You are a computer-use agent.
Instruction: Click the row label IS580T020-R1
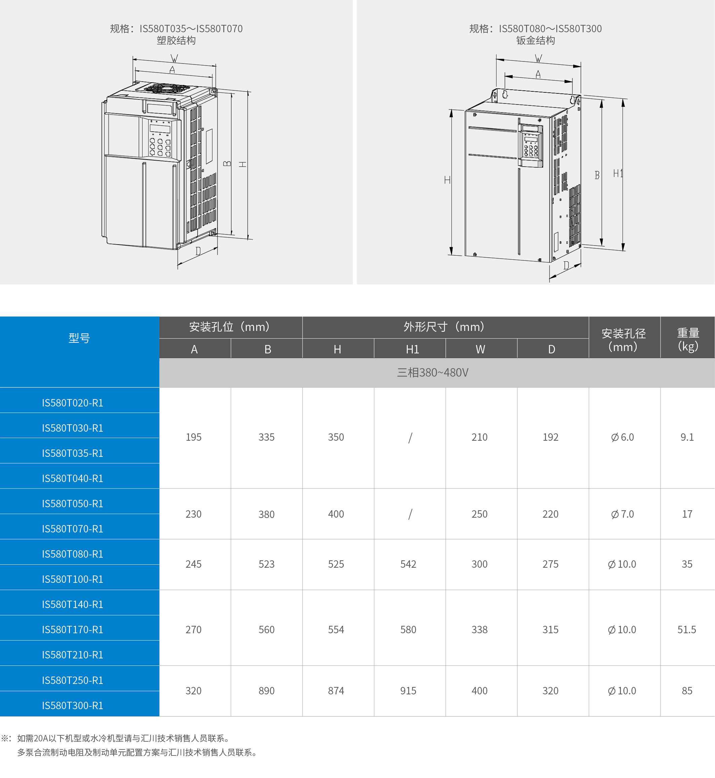pyautogui.click(x=73, y=403)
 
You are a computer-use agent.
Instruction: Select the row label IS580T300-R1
pyautogui.click(x=73, y=705)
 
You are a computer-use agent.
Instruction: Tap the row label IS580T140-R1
pyautogui.click(x=73, y=604)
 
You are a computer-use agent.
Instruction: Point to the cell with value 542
pyautogui.click(x=408, y=564)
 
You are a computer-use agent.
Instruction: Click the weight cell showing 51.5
pyautogui.click(x=687, y=630)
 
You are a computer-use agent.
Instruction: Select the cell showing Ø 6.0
pyautogui.click(x=622, y=437)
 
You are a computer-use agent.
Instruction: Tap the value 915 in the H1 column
pyautogui.click(x=408, y=691)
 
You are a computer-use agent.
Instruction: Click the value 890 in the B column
pyautogui.click(x=267, y=691)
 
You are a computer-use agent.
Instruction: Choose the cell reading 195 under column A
pyautogui.click(x=193, y=437)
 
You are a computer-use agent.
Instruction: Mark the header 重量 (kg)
pyautogui.click(x=688, y=339)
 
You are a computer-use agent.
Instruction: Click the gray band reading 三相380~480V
pyautogui.click(x=433, y=373)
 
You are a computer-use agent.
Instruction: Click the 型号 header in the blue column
pyautogui.click(x=79, y=338)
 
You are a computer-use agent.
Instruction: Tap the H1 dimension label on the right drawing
pyautogui.click(x=618, y=174)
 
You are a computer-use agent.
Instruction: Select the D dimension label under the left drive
pyautogui.click(x=198, y=251)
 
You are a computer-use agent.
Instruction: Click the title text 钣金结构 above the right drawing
pyautogui.click(x=535, y=41)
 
